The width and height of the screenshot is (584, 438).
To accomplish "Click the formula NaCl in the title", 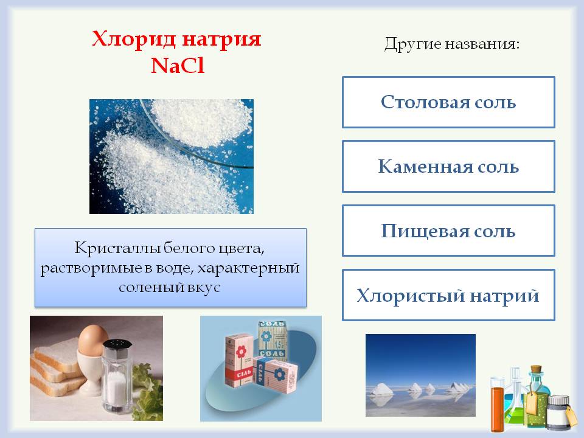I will [x=177, y=65].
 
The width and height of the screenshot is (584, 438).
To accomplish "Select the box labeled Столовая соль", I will [x=448, y=102].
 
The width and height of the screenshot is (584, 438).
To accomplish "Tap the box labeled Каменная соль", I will [x=448, y=166].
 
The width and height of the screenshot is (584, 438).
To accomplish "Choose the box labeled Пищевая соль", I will [x=448, y=231].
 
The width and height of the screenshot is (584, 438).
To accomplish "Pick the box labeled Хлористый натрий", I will [x=448, y=295].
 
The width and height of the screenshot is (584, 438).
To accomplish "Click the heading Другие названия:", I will [x=452, y=44].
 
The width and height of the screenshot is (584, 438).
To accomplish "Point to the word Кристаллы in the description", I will [x=109, y=248].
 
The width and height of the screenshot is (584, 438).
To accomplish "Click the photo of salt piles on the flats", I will [x=420, y=375].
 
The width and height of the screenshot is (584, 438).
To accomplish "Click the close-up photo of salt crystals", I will [x=171, y=156].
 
